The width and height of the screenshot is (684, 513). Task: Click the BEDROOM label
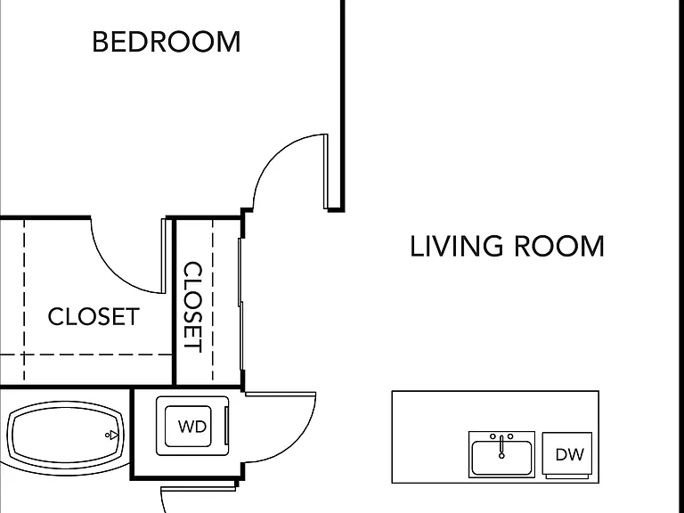click(x=167, y=42)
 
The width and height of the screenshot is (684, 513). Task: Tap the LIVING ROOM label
click(x=507, y=247)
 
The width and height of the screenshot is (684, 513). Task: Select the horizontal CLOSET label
click(x=94, y=317)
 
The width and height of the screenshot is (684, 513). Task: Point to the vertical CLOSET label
click(x=192, y=307)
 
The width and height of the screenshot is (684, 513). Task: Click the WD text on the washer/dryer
click(x=192, y=427)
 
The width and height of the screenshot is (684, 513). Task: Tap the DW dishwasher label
click(x=569, y=455)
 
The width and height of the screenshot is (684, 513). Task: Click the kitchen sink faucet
click(x=501, y=447)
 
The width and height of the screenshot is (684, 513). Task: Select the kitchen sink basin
click(x=501, y=458)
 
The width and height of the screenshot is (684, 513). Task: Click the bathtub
click(x=65, y=434)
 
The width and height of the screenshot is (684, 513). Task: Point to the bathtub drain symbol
click(x=112, y=435)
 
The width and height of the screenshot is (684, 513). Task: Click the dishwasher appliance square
click(x=567, y=453)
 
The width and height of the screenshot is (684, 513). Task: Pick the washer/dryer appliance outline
click(x=192, y=427)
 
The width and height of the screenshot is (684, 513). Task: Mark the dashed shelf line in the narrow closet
click(x=213, y=300)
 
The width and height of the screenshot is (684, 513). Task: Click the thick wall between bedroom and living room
click(x=343, y=105)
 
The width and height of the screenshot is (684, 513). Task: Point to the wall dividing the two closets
click(x=174, y=302)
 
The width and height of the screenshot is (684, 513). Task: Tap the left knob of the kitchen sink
click(x=493, y=436)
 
